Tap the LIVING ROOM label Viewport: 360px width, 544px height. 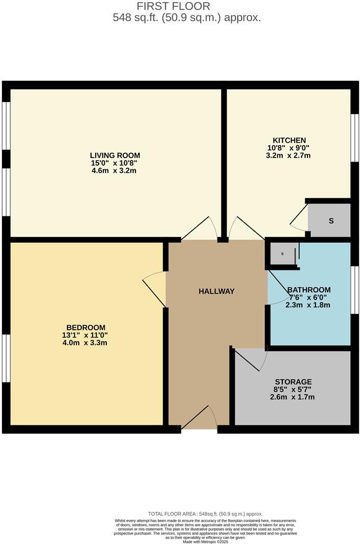tap(115, 155)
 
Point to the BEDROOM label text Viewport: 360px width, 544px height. tap(86, 328)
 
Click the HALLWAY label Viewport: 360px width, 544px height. tap(216, 291)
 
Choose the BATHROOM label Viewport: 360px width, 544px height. tap(309, 289)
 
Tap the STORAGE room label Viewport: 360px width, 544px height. tap(293, 381)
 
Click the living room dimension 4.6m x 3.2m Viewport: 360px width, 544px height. tap(115, 171)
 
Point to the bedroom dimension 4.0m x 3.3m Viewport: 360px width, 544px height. tap(86, 343)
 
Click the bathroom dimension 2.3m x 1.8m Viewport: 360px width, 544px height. tap(308, 305)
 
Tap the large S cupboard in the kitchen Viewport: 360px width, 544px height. tap(331, 221)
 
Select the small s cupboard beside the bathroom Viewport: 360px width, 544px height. tap(282, 254)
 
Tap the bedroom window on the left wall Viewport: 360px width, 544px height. tap(6, 358)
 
